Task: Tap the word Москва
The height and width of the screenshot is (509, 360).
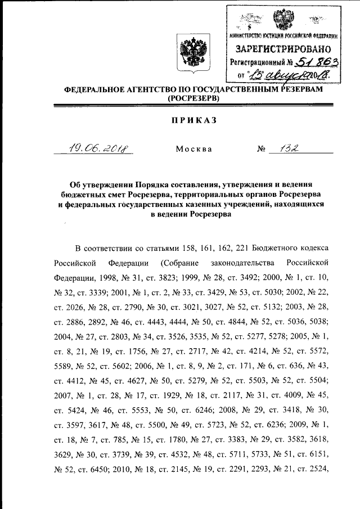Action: [x=193, y=150]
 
